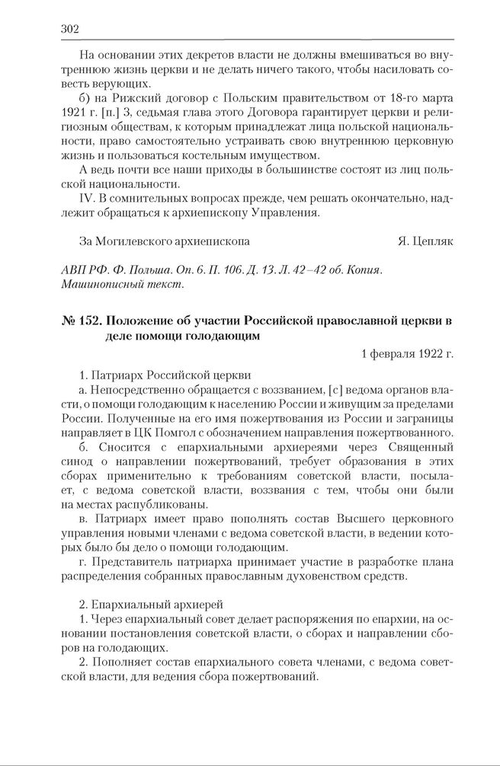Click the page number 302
(69, 29)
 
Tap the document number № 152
(79, 321)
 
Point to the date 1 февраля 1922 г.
(407, 353)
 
